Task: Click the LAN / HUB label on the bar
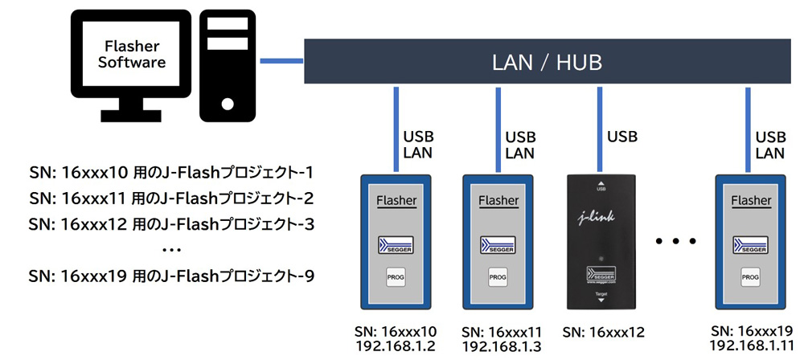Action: (547, 62)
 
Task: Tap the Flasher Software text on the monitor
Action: (131, 54)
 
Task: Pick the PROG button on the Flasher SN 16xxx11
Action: (498, 277)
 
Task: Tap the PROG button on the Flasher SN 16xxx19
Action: (749, 277)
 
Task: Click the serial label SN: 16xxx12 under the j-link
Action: (603, 331)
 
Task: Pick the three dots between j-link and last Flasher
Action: (675, 240)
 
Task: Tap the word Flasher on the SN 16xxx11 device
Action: (498, 200)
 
